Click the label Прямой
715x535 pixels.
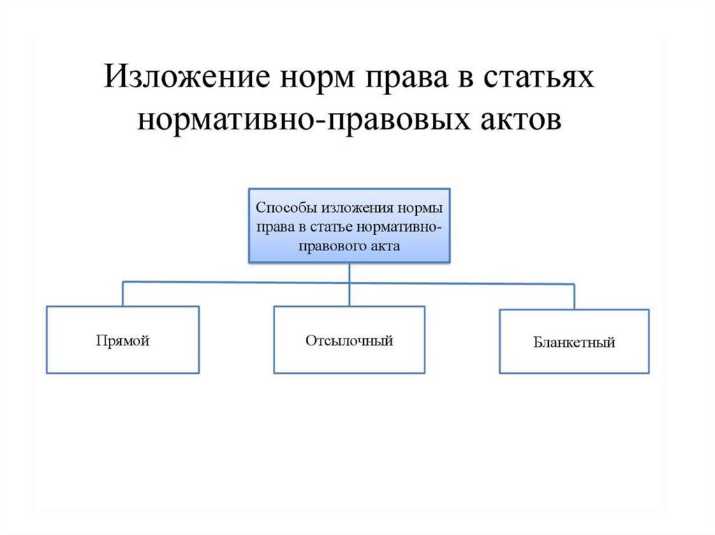[123, 341]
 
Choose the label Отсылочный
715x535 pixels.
[349, 341]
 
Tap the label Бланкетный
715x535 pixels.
[574, 343]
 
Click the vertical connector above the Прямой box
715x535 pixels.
[123, 294]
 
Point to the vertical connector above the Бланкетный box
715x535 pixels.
[574, 296]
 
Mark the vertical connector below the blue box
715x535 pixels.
[349, 272]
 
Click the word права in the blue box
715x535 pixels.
[271, 227]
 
